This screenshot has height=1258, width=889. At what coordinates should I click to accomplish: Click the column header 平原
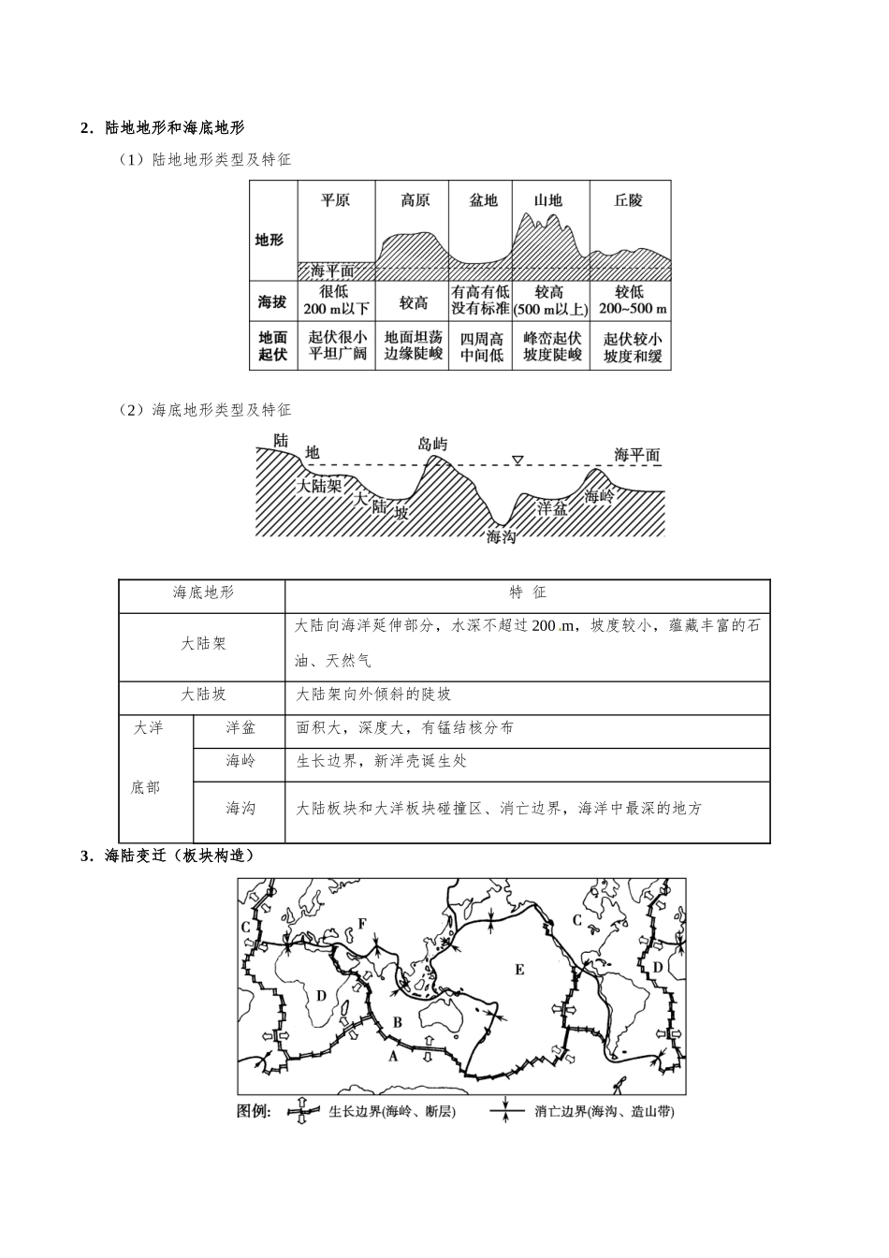[x=335, y=200]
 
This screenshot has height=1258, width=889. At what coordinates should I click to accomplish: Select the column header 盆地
[x=483, y=200]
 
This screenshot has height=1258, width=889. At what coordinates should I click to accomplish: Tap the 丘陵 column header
[x=629, y=200]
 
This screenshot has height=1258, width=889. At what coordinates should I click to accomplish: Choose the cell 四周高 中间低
[x=482, y=346]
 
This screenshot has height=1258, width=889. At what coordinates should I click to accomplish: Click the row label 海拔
[x=271, y=301]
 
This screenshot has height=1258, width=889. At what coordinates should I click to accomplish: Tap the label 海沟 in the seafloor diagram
[x=502, y=536]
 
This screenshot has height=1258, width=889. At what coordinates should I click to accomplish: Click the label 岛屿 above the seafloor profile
[x=432, y=444]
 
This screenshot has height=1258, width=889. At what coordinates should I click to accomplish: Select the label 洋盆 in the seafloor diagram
[x=551, y=507]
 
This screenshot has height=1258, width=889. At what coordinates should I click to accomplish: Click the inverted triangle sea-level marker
[x=517, y=460]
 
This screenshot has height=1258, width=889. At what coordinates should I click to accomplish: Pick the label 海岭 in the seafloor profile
[x=599, y=496]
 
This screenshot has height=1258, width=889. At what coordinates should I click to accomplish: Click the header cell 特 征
[x=527, y=592]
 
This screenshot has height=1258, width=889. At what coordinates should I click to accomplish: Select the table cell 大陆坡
[x=203, y=695]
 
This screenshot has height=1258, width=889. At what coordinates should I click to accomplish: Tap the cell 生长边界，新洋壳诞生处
[x=382, y=761]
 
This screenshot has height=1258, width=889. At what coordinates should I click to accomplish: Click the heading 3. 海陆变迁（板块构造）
[x=168, y=856]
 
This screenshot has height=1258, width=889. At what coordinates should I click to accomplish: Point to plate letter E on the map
[x=519, y=970]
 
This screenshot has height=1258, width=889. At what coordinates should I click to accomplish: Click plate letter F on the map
[x=362, y=924]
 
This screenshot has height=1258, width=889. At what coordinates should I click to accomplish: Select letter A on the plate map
[x=393, y=1055]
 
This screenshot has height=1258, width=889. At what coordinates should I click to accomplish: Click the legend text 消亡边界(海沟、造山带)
[x=605, y=1112]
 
